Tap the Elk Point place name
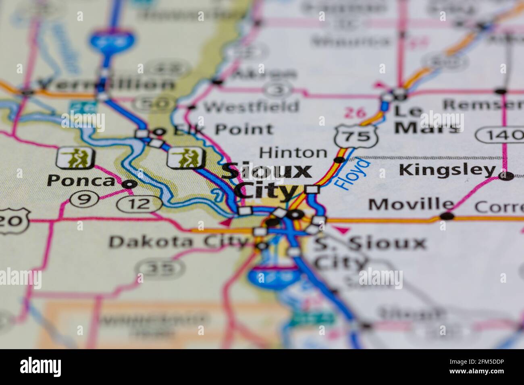coord(220,130)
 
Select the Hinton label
coord(293,153)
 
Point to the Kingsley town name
coord(447,170)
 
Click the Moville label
coord(410,205)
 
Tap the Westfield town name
coord(251,107)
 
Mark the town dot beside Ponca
coord(129,184)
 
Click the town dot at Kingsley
coord(507,176)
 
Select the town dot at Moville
coord(447,216)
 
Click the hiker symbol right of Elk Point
coord(186,157)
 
